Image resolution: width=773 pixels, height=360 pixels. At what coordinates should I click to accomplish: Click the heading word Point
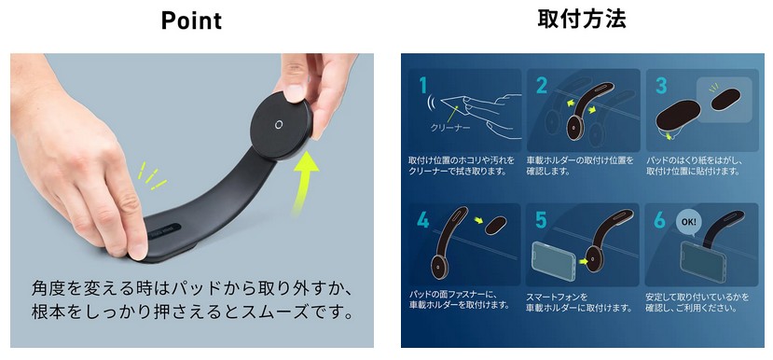[x=191, y=21]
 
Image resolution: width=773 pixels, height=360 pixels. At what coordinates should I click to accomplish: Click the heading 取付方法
[x=582, y=20]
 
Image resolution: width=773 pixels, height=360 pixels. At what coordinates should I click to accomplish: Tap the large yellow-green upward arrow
[x=305, y=182]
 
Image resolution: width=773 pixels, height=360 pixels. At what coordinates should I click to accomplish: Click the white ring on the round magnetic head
[x=279, y=125]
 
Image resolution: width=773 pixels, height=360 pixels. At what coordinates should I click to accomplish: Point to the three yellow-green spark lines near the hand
[x=151, y=176]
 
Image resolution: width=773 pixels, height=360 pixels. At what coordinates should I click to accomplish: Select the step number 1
[x=423, y=84]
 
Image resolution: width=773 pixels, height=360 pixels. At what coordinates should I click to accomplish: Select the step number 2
[x=542, y=84]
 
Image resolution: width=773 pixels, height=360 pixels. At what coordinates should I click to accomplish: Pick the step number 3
[x=661, y=84]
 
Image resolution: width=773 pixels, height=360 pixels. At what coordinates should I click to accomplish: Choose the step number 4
[x=423, y=219]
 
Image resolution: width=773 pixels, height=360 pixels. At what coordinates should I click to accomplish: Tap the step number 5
[x=542, y=219]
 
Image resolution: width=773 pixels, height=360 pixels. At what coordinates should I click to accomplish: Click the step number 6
[x=660, y=219]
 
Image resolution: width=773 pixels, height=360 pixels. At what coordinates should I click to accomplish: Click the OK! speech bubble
[x=689, y=222]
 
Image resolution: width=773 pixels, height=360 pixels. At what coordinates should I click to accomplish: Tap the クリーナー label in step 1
[x=450, y=127]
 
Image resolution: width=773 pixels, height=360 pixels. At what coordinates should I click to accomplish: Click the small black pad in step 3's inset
[x=725, y=99]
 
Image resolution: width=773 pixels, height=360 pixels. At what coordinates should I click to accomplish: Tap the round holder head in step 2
[x=574, y=127]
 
